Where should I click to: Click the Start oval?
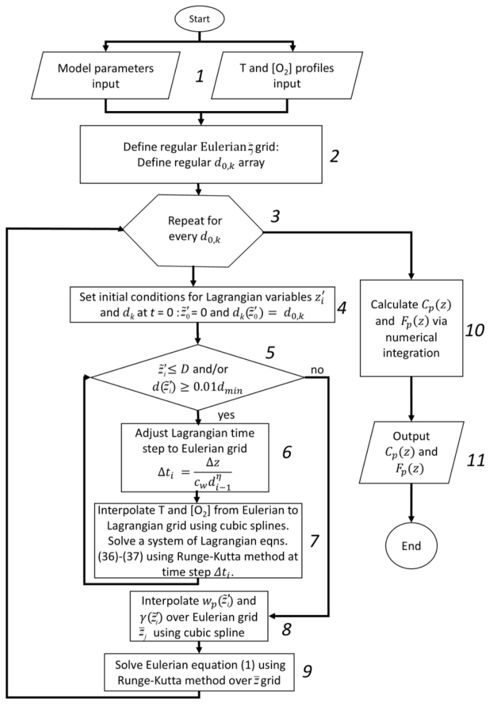tap(199, 19)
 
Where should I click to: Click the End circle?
tap(411, 546)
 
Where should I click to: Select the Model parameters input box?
tap(106, 75)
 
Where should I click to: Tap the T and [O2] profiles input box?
tap(287, 75)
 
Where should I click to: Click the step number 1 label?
tap(200, 76)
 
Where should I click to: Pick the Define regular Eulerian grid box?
tap(201, 154)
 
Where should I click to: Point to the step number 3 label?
tap(275, 216)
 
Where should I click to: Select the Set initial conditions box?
tap(202, 304)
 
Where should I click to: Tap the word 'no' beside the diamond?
tap(317, 370)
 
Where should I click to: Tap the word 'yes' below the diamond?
tap(226, 415)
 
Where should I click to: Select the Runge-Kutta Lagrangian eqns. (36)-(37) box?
tap(198, 541)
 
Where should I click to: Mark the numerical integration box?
tap(411, 328)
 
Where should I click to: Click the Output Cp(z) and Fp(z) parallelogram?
tap(411, 452)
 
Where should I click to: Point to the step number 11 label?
tap(475, 460)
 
